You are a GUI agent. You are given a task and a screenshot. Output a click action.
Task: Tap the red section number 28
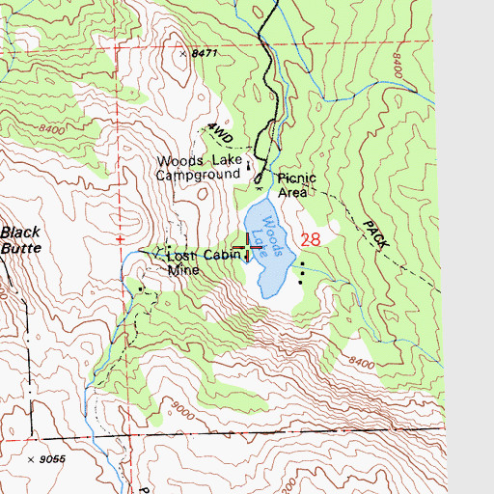point(310,239)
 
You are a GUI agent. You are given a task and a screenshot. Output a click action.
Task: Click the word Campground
point(199,176)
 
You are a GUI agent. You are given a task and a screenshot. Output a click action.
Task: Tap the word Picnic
point(297,178)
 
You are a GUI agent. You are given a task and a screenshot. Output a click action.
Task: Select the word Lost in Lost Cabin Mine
point(180,257)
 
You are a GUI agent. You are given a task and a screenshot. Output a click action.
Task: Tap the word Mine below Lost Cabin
point(183,271)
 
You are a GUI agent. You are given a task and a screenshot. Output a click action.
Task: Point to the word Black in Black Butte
point(20,232)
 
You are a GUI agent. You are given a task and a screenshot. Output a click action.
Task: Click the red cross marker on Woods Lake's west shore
point(249,246)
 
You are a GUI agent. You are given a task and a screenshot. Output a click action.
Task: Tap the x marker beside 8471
point(181,55)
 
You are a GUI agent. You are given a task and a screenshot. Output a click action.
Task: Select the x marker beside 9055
point(32,459)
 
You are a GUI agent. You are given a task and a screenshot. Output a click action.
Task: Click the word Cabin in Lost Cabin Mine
point(219,257)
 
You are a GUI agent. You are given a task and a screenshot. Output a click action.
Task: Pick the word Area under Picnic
point(292,192)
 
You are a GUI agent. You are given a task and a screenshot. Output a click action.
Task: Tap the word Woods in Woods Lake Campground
point(178,162)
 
